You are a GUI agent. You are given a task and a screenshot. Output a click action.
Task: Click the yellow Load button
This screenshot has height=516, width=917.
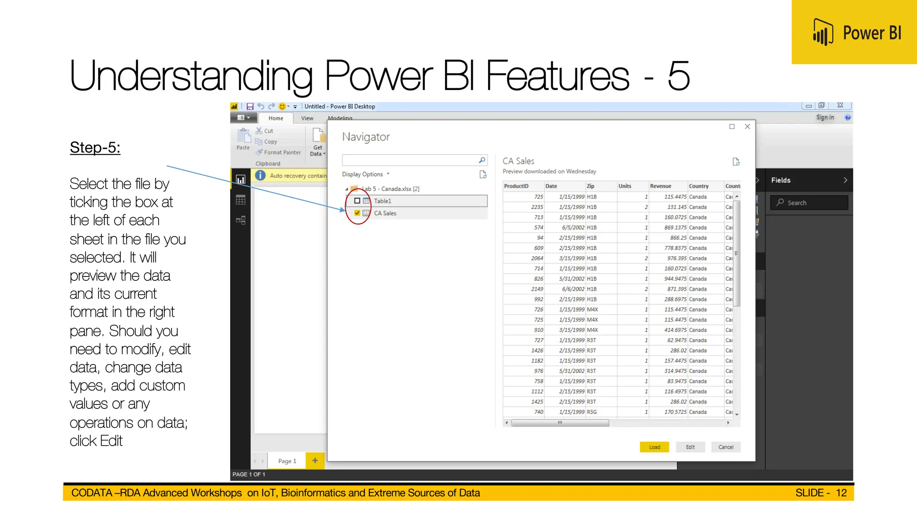(x=654, y=447)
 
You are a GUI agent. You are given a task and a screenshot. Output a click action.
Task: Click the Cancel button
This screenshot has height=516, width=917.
(x=725, y=447)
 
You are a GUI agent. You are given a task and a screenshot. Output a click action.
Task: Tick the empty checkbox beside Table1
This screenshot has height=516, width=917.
(x=357, y=201)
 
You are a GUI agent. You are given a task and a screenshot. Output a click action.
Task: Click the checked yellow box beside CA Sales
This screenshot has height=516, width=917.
(x=357, y=213)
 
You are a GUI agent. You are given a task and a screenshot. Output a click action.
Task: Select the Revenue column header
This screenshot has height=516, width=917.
(x=660, y=186)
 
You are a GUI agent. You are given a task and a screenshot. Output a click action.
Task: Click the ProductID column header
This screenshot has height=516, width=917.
(x=516, y=186)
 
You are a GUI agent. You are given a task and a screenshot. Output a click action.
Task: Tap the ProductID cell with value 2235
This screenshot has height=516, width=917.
(x=536, y=207)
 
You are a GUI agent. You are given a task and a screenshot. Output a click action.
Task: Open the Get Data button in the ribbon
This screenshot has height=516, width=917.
(x=317, y=142)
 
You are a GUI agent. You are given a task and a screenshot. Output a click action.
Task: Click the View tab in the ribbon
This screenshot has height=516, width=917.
(x=307, y=118)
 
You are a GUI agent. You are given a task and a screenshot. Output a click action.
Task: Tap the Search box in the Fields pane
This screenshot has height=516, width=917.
(x=809, y=202)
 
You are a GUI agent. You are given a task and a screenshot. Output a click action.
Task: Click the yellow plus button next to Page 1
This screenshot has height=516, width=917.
(x=315, y=460)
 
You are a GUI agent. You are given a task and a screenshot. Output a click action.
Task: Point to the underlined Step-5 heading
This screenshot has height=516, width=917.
(x=95, y=147)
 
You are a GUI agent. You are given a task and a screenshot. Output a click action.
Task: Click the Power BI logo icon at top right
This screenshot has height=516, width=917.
(x=823, y=32)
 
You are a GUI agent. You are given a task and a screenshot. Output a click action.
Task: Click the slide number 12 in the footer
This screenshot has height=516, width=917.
(x=841, y=493)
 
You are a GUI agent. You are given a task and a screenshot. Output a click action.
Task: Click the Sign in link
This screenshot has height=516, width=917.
(x=825, y=117)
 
